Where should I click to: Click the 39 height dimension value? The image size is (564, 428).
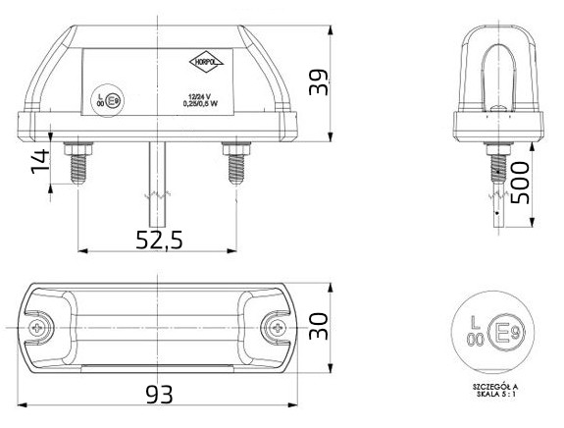tap(317, 82)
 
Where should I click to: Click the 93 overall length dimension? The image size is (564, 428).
tap(159, 394)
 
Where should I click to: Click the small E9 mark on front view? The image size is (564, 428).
tap(113, 99)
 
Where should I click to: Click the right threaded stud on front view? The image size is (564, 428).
tap(234, 164)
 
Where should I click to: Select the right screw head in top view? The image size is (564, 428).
tap(279, 326)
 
